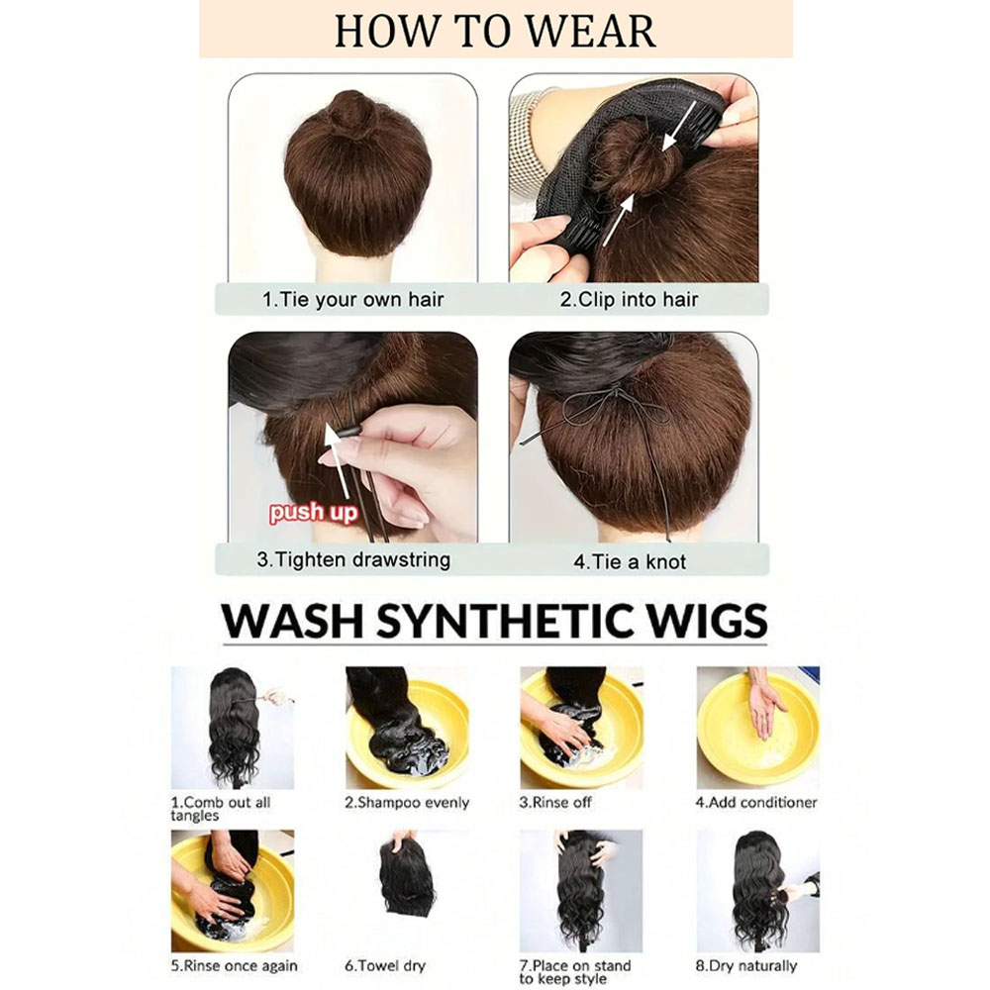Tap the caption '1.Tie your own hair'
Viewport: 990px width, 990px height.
[353, 299]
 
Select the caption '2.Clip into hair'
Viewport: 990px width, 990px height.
[629, 299]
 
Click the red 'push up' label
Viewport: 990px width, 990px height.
[313, 512]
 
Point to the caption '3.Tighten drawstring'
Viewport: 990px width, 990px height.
[353, 560]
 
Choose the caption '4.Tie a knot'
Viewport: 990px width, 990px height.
[630, 561]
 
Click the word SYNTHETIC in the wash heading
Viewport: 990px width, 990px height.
[505, 621]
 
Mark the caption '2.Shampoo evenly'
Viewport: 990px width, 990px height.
[407, 803]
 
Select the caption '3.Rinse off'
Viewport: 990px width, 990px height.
[555, 803]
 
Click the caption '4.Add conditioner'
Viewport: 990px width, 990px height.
[756, 803]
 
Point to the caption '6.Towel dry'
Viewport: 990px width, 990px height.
[385, 966]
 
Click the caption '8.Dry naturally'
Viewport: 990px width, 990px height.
[746, 966]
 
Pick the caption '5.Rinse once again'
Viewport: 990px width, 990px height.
[235, 966]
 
